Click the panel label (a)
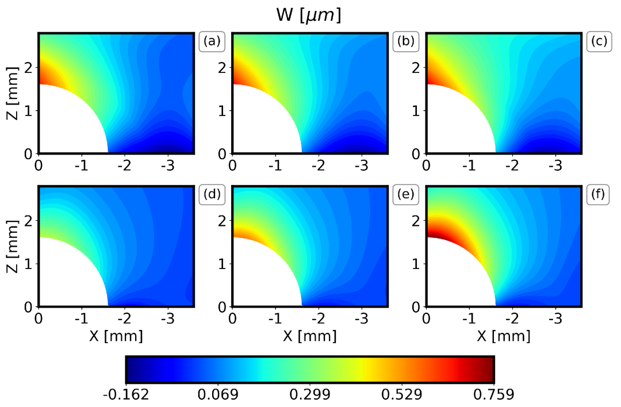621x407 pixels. [x=211, y=41]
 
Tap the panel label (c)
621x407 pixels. [x=599, y=41]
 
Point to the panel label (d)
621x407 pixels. [x=211, y=195]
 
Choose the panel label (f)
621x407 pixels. [x=599, y=195]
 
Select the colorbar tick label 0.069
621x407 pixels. [x=218, y=395]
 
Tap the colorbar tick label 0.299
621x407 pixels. [x=310, y=395]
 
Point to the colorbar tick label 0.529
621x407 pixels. [x=402, y=395]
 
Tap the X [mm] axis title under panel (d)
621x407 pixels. [x=116, y=336]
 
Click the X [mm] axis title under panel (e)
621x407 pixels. [x=310, y=336]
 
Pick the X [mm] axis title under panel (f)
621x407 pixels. [x=504, y=336]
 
